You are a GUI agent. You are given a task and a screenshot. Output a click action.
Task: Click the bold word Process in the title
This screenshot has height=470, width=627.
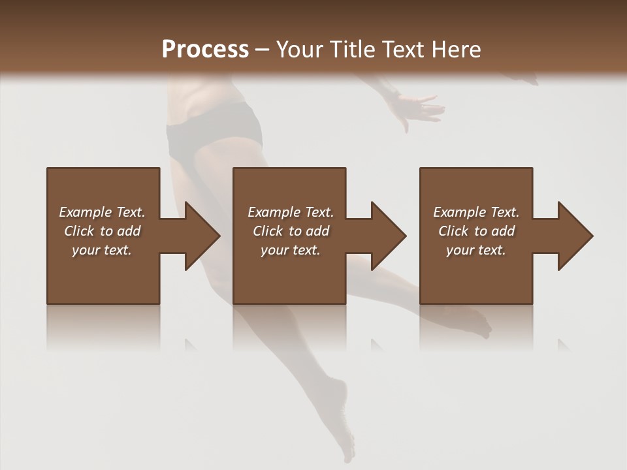[205, 50]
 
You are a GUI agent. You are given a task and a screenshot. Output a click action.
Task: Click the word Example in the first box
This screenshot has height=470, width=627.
[86, 212]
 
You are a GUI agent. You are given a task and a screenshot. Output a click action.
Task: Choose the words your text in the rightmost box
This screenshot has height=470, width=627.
[475, 250]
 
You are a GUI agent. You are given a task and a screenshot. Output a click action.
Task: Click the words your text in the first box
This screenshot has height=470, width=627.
[101, 250]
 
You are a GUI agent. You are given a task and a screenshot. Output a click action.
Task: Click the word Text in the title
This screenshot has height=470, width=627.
[401, 50]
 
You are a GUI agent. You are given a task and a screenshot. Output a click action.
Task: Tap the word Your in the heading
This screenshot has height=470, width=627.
[298, 50]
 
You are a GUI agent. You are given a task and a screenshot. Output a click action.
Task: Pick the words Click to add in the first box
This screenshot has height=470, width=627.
[102, 231]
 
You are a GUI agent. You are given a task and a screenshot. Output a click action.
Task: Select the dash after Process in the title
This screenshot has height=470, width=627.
[263, 50]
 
